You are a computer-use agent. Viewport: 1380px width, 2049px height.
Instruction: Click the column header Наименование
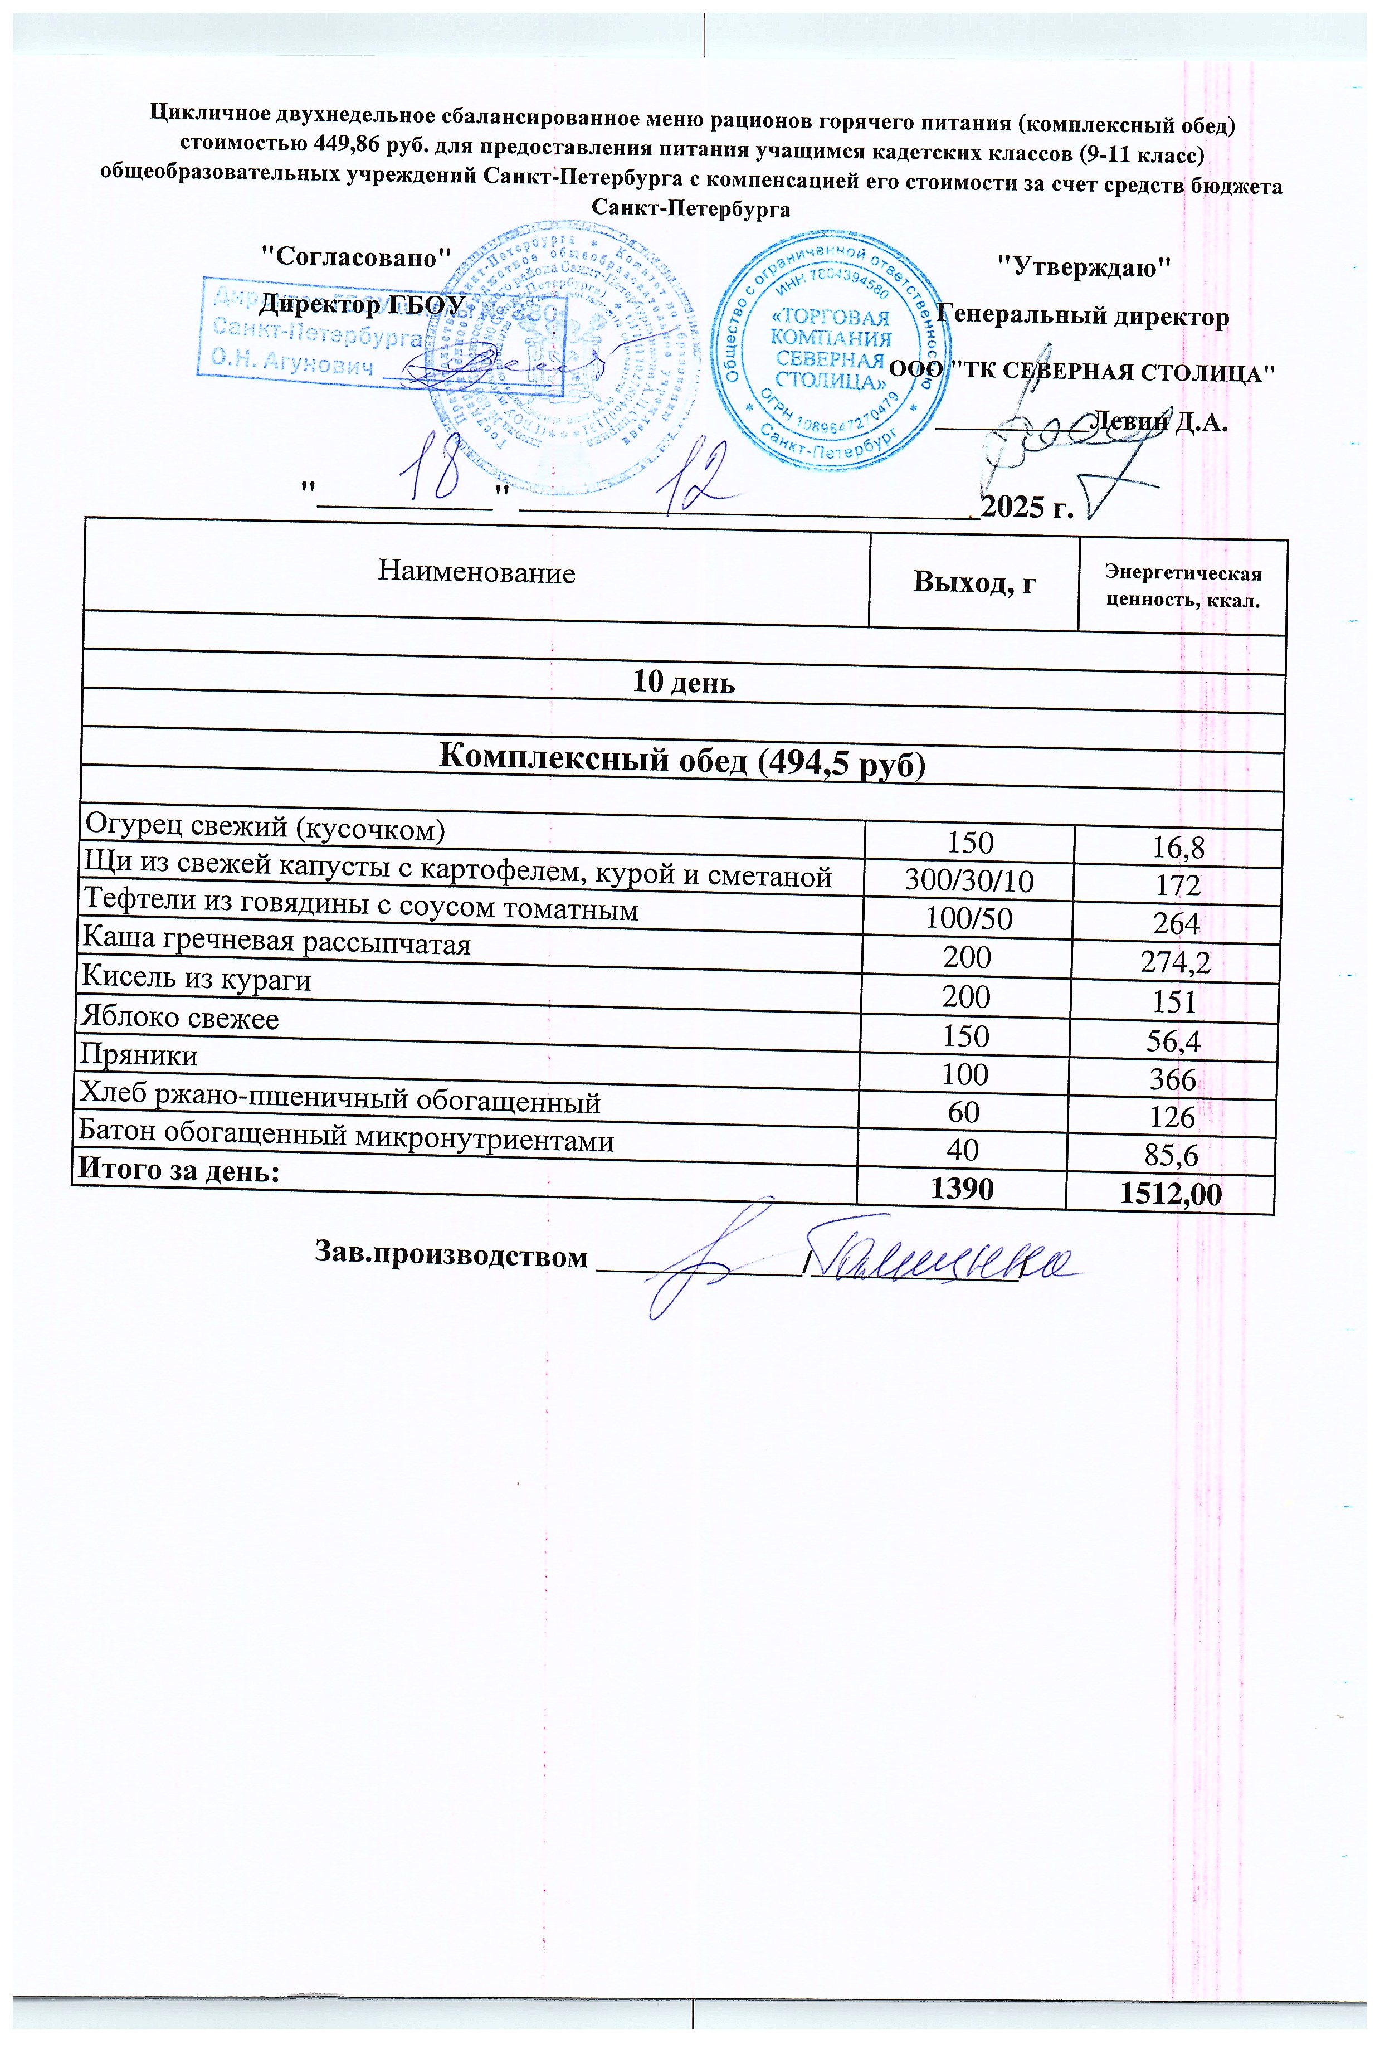click(x=476, y=573)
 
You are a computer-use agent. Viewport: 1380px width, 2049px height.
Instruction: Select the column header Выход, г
click(x=974, y=582)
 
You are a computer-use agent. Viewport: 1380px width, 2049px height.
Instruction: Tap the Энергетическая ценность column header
click(x=1182, y=587)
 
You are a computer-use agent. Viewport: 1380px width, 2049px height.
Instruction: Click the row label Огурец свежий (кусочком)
click(x=264, y=828)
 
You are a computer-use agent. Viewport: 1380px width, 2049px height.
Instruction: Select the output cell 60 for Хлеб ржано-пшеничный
click(x=964, y=1112)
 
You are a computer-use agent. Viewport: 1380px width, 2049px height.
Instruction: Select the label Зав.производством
click(x=451, y=1256)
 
